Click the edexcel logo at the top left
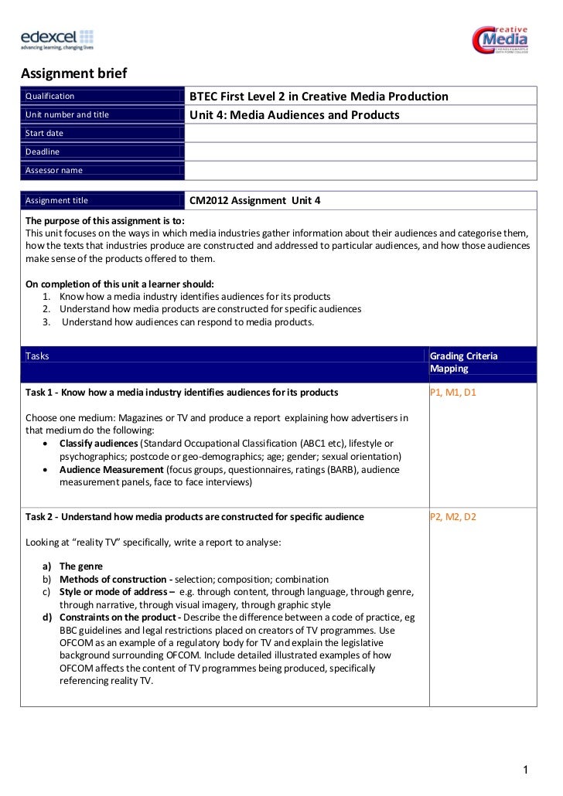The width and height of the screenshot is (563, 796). [x=56, y=39]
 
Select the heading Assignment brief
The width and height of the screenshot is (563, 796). [x=73, y=74]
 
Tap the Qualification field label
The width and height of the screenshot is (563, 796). [x=50, y=97]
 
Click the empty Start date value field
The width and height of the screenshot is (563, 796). [x=360, y=134]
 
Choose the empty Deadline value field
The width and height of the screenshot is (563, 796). [x=360, y=151]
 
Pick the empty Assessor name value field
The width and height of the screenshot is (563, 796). [x=360, y=170]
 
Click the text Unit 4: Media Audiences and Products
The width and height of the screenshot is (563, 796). [x=295, y=115]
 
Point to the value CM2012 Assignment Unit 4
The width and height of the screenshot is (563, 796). [x=254, y=201]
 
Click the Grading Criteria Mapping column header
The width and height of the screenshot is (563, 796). [x=464, y=362]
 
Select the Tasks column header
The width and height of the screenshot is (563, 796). [x=37, y=356]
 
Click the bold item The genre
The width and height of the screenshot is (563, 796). [x=81, y=566]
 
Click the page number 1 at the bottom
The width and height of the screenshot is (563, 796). [x=526, y=769]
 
